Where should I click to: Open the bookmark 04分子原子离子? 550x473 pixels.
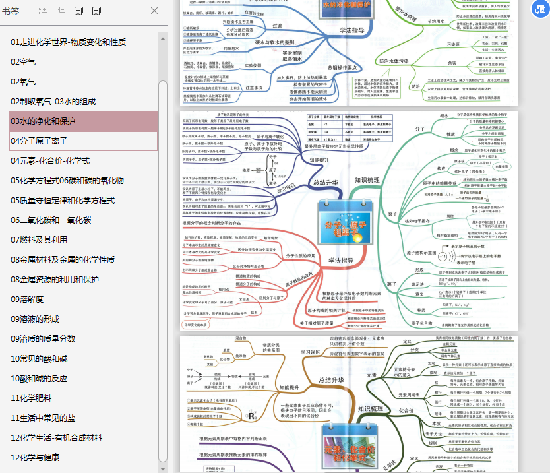click(39, 141)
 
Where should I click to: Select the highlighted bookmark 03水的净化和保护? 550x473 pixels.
click(43, 121)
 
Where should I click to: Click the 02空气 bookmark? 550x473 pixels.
click(23, 62)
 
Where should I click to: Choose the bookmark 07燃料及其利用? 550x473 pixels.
click(38, 240)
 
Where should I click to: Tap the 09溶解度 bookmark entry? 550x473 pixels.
click(28, 300)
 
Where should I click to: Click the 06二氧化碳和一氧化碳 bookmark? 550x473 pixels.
click(51, 220)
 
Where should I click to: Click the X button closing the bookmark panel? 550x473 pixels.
click(154, 11)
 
